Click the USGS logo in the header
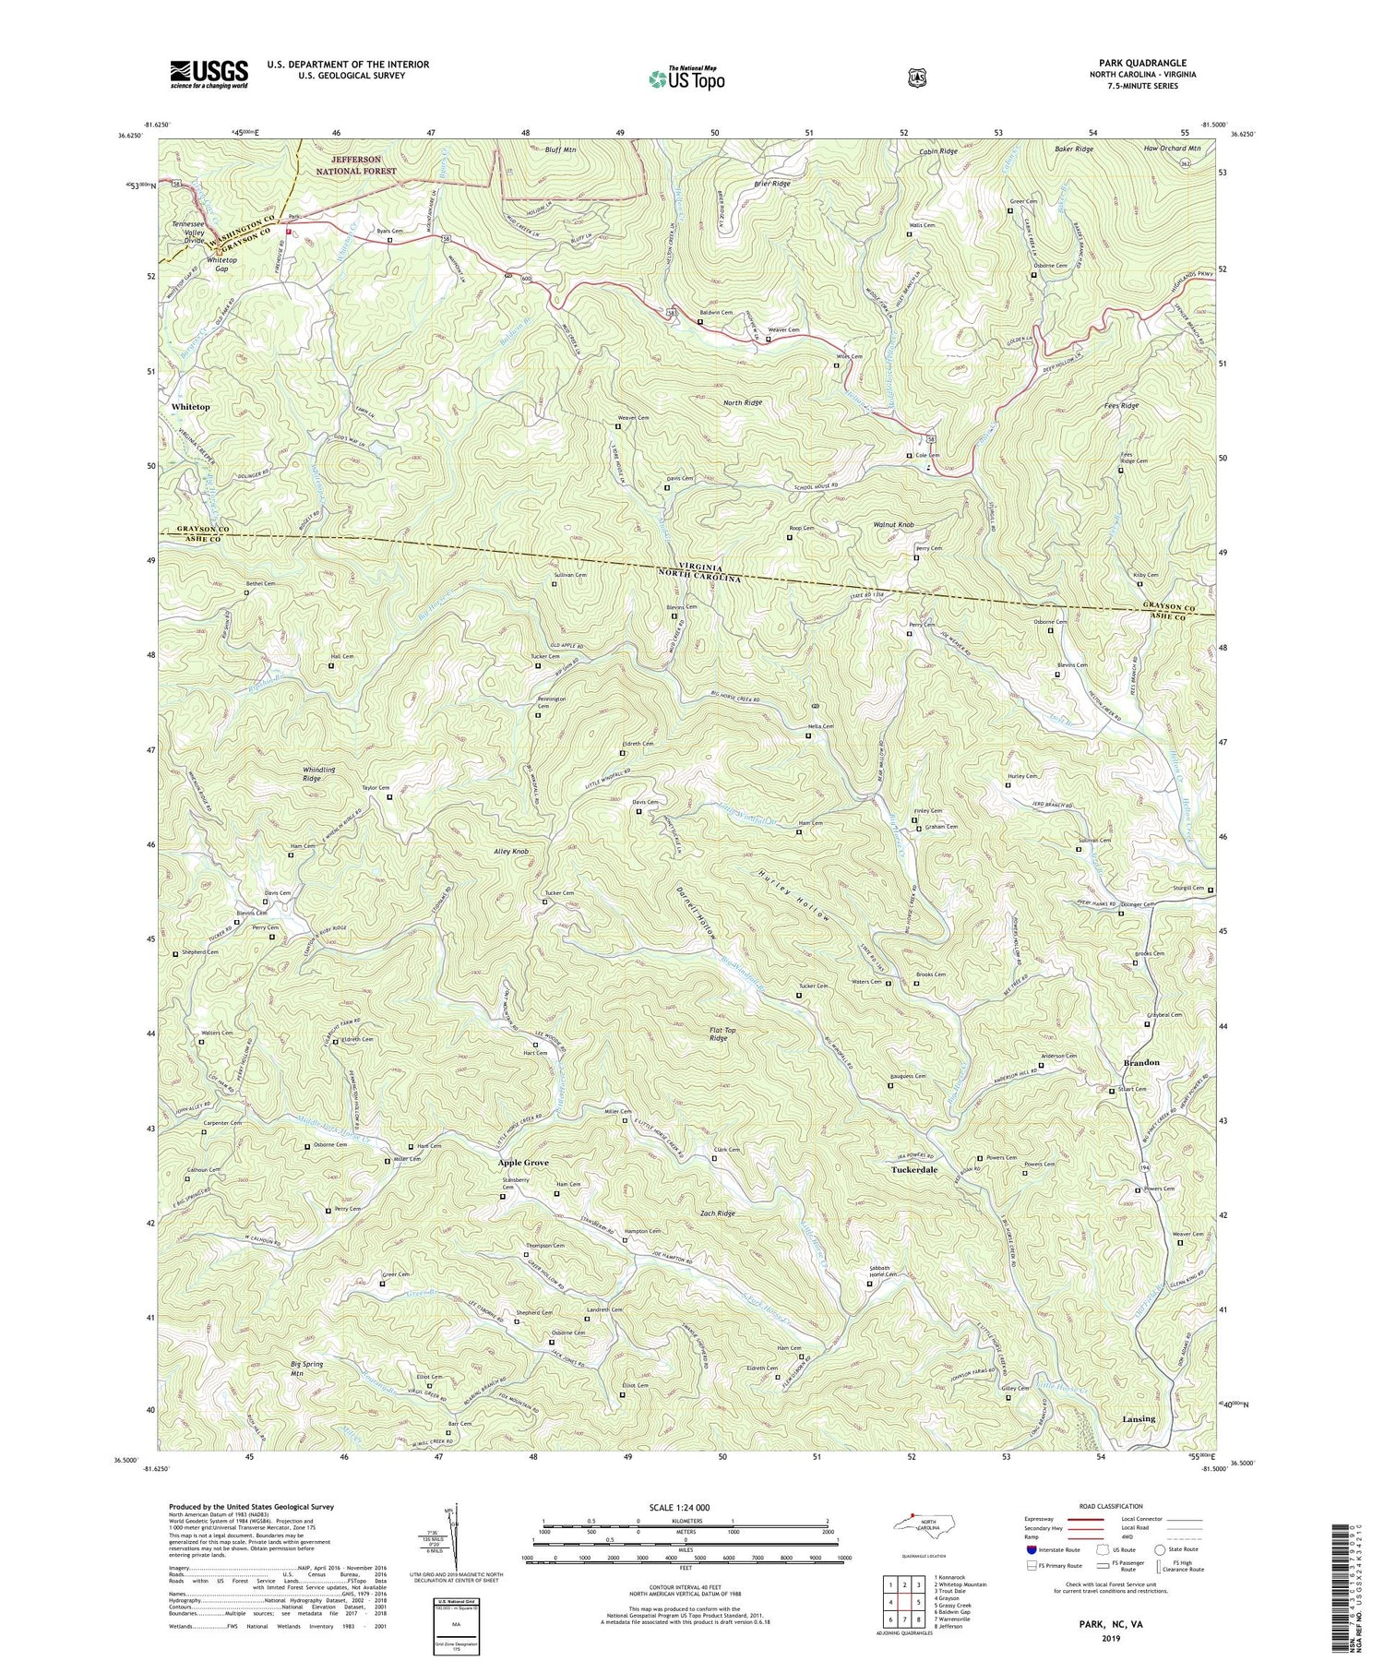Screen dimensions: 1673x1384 coord(209,74)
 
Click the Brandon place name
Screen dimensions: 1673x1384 coord(1141,1062)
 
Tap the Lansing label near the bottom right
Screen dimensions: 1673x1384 coord(1139,1419)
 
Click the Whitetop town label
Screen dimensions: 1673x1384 coord(190,406)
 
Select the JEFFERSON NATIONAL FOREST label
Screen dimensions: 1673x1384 coord(356,165)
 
